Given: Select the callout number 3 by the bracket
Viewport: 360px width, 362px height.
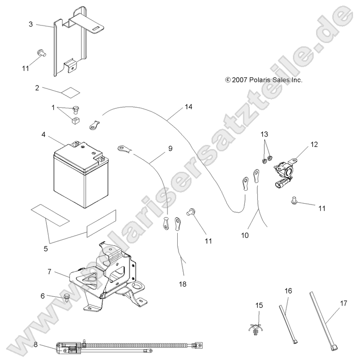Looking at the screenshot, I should pyautogui.click(x=31, y=24).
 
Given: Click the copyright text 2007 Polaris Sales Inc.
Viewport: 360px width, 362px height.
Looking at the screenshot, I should pyautogui.click(x=264, y=80).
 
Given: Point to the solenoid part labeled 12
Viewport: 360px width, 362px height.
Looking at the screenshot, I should pyautogui.click(x=284, y=170).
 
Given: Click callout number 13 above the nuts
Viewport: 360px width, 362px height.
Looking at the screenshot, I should pyautogui.click(x=264, y=134).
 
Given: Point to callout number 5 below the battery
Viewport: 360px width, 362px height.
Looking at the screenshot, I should pyautogui.click(x=45, y=249).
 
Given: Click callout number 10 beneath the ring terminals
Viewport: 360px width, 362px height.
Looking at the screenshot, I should pyautogui.click(x=245, y=235).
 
